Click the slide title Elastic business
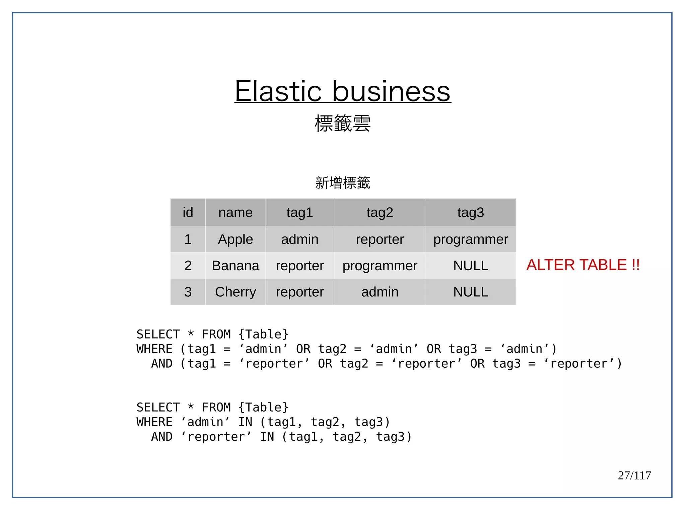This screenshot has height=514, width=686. tap(342, 91)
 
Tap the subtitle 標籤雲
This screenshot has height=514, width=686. tap(342, 123)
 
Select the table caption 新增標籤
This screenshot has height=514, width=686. tap(342, 183)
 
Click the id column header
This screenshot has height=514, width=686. tap(188, 212)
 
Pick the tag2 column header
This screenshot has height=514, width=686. tap(380, 212)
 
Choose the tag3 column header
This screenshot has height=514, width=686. tap(470, 212)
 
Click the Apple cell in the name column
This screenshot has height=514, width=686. tap(235, 239)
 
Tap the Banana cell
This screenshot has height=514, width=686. tap(235, 266)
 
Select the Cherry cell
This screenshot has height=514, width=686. tap(235, 292)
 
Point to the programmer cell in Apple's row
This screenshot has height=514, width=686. tap(470, 239)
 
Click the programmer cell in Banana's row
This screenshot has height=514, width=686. tap(380, 266)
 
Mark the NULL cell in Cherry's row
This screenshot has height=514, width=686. tap(470, 292)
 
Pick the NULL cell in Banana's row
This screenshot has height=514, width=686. tap(470, 266)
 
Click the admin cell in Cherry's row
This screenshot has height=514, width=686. tap(380, 292)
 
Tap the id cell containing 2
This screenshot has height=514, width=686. tap(188, 266)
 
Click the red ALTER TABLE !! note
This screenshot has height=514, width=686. tap(583, 265)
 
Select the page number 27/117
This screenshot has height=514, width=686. tap(634, 475)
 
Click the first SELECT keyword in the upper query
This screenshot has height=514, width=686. tap(158, 334)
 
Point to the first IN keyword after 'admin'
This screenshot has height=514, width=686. tap(245, 422)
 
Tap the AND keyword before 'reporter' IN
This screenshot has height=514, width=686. tap(162, 437)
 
